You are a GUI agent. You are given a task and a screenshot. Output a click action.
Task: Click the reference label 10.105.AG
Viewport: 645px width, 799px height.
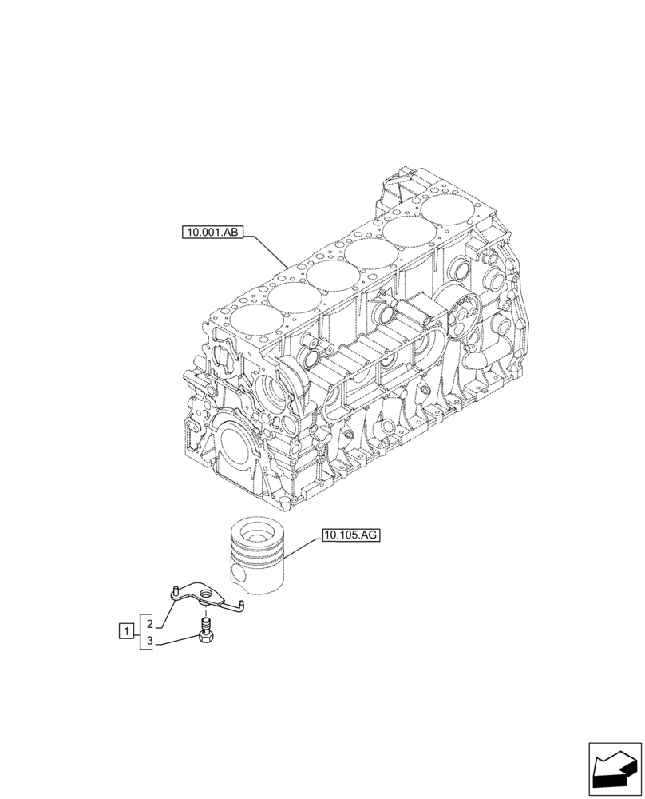tap(351, 535)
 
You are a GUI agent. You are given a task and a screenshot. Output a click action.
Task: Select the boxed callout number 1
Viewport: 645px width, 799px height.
tap(125, 632)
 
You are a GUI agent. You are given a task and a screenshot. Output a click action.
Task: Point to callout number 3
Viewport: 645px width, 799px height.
tap(149, 642)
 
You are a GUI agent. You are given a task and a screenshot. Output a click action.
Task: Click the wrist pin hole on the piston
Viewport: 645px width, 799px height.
tap(237, 574)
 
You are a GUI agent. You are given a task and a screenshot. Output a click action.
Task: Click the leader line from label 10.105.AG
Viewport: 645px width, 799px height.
tap(303, 547)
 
